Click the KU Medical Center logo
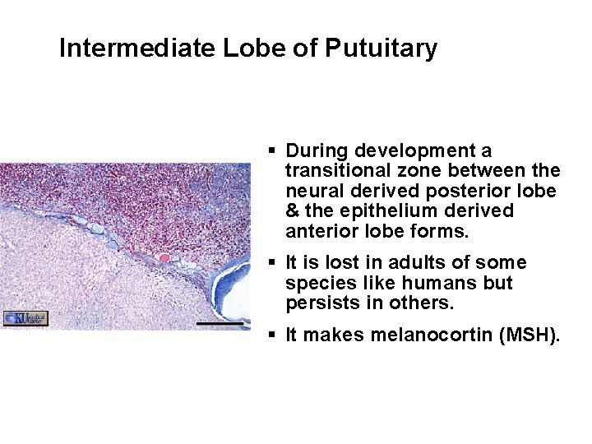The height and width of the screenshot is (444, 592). point(26,318)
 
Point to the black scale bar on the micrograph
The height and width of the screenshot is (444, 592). point(220,324)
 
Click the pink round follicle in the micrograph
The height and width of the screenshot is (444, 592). point(164,258)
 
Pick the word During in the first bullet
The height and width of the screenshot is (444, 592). point(316,151)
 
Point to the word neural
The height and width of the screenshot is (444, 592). point(310,191)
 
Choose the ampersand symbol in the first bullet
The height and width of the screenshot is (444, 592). point(292,211)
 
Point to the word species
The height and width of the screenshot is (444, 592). point(317,283)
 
